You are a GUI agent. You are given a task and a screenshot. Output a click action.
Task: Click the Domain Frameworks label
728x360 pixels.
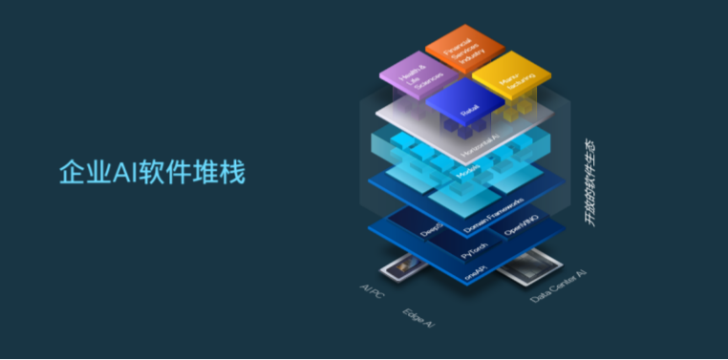(493, 216)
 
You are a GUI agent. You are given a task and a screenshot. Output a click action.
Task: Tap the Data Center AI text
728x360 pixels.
(558, 287)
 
